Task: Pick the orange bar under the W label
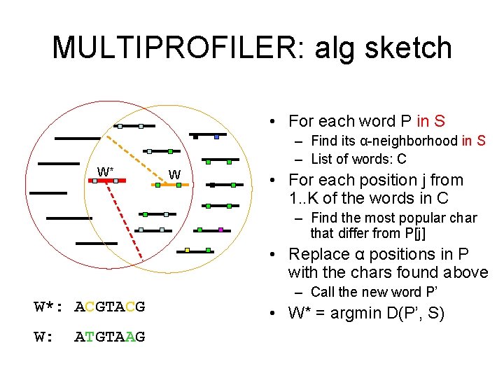(x=169, y=185)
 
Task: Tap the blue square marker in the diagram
(x=217, y=136)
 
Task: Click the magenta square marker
(x=220, y=230)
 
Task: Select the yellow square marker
(x=187, y=250)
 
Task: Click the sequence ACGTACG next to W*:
(x=110, y=307)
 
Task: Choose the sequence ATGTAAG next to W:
(x=110, y=337)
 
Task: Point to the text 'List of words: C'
(x=358, y=159)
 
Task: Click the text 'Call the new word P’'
(x=370, y=292)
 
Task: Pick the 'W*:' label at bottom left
(x=50, y=307)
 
